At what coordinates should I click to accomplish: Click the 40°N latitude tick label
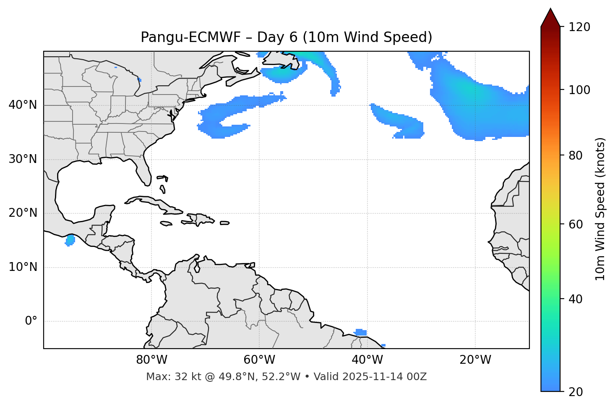(x=23, y=105)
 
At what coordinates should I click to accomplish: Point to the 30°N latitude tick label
(x=23, y=159)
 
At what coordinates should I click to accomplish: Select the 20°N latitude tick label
(x=23, y=213)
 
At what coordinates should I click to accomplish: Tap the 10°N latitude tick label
(x=23, y=267)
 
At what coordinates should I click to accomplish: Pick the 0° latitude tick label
(x=31, y=321)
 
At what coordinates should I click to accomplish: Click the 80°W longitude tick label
(x=151, y=360)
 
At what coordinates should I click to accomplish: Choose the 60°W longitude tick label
(x=259, y=360)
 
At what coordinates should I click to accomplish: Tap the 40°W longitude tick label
(x=367, y=360)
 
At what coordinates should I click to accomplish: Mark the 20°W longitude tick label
(x=475, y=360)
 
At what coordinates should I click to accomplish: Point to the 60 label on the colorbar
(x=575, y=224)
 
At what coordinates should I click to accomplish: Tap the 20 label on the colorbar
(x=575, y=392)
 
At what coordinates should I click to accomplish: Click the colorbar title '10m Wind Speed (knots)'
(x=600, y=209)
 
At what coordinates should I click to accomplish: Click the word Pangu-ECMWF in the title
(x=190, y=37)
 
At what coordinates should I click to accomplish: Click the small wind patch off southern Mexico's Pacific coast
(x=70, y=240)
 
